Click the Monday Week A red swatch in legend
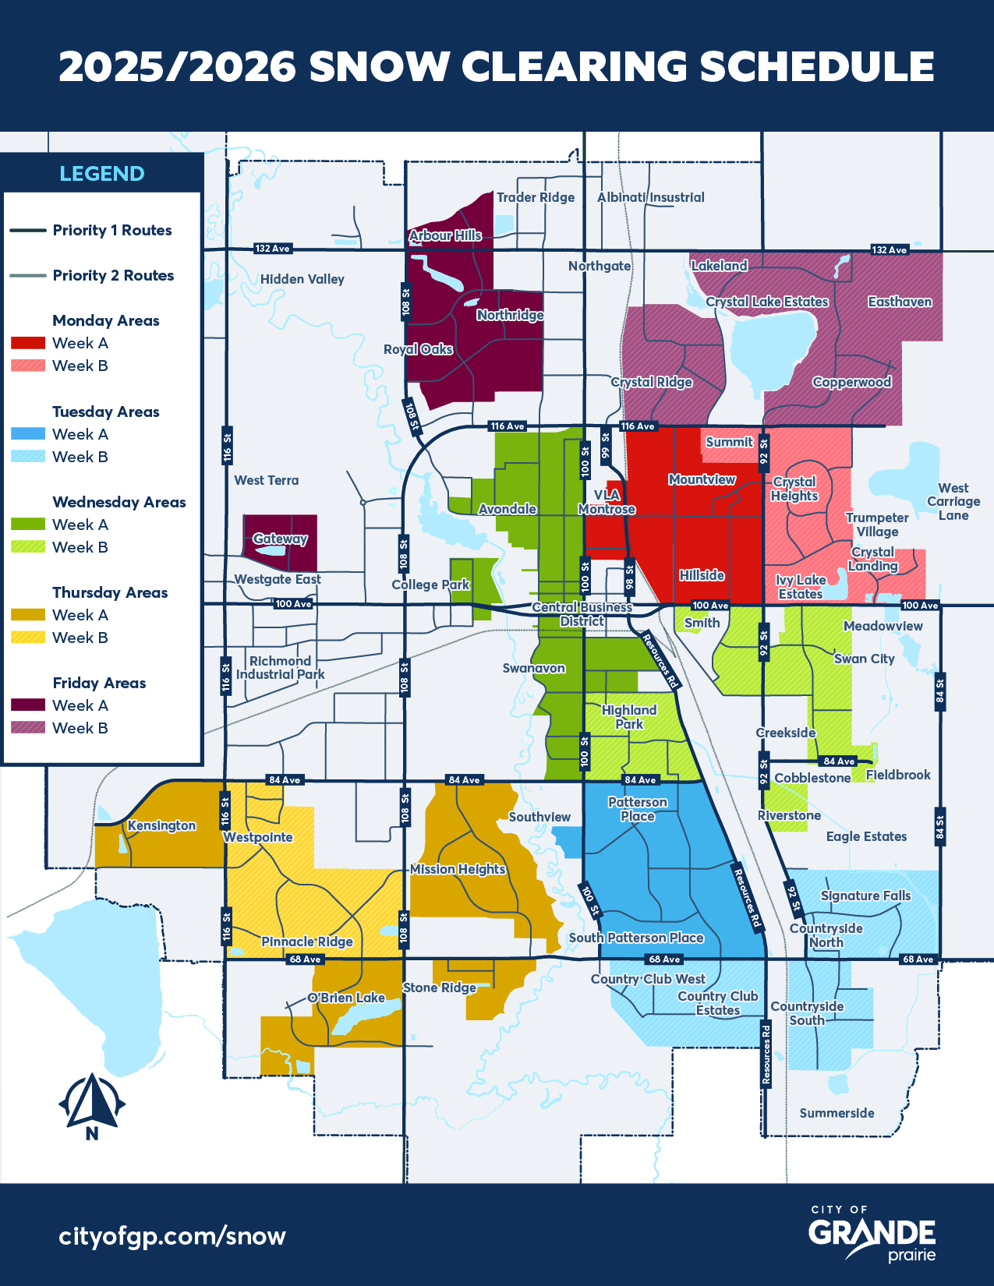pyautogui.click(x=28, y=343)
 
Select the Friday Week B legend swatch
pyautogui.click(x=28, y=728)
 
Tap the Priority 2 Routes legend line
pyautogui.click(x=28, y=276)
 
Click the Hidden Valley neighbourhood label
pyautogui.click(x=302, y=279)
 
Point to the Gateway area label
pyautogui.click(x=280, y=539)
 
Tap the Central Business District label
pyautogui.click(x=582, y=614)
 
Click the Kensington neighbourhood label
pyautogui.click(x=161, y=825)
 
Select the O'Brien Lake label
pyautogui.click(x=346, y=998)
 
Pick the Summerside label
pyautogui.click(x=837, y=1113)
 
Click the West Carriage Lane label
pyautogui.click(x=953, y=501)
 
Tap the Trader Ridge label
pyautogui.click(x=536, y=197)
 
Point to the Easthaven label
pyautogui.click(x=900, y=302)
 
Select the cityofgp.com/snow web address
pyautogui.click(x=172, y=1235)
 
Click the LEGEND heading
pyautogui.click(x=102, y=173)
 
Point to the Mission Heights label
pyautogui.click(x=458, y=869)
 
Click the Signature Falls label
pyautogui.click(x=865, y=896)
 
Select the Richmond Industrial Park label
pyautogui.click(x=280, y=667)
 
